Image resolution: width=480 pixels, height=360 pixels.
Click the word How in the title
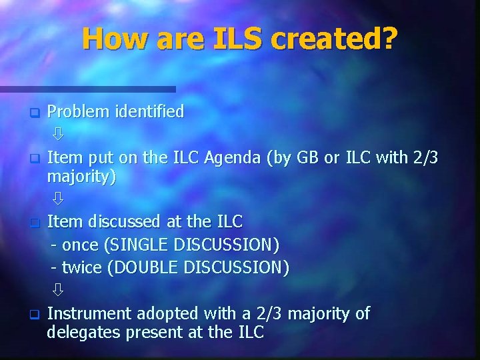pyautogui.click(x=112, y=39)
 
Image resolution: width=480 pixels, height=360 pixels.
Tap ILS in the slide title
pyautogui.click(x=235, y=39)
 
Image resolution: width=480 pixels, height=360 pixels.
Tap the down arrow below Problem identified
pyautogui.click(x=58, y=135)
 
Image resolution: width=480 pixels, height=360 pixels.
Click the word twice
pyautogui.click(x=81, y=268)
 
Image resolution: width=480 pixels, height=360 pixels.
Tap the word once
pyautogui.click(x=80, y=245)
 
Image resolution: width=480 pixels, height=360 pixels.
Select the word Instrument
pyautogui.click(x=91, y=313)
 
